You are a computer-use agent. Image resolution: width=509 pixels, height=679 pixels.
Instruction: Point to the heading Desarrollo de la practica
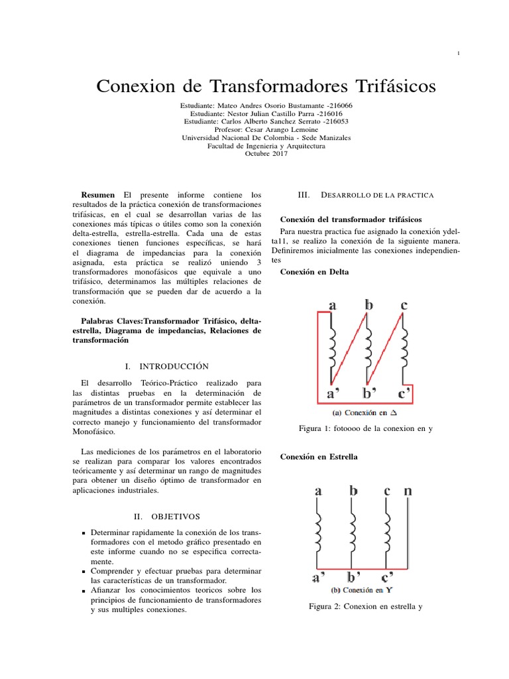click(376, 195)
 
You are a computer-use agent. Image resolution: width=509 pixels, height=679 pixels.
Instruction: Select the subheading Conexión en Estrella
click(319, 457)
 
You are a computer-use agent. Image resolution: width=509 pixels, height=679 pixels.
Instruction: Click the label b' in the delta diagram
click(369, 394)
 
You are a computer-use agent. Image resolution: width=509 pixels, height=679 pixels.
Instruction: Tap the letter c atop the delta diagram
click(404, 305)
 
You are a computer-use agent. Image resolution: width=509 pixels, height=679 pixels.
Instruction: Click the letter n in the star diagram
click(407, 491)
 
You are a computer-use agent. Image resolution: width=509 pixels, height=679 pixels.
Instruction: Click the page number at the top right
click(459, 54)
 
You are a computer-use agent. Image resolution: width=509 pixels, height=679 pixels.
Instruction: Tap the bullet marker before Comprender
click(83, 571)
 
